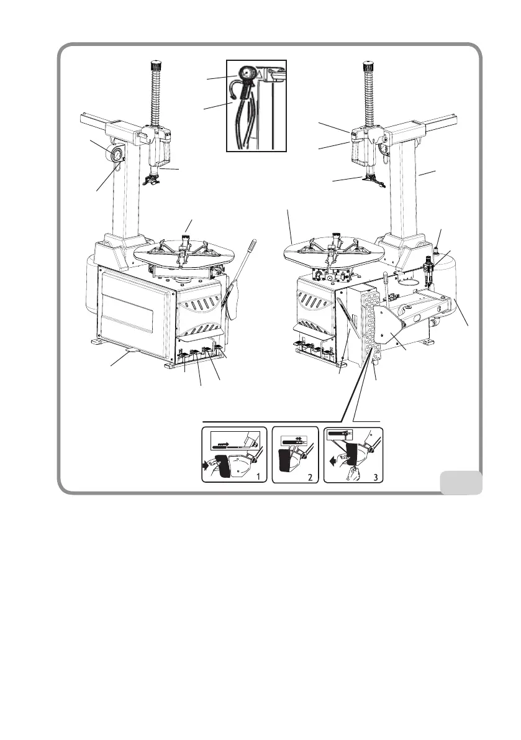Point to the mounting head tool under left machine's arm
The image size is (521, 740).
[x=152, y=180]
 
